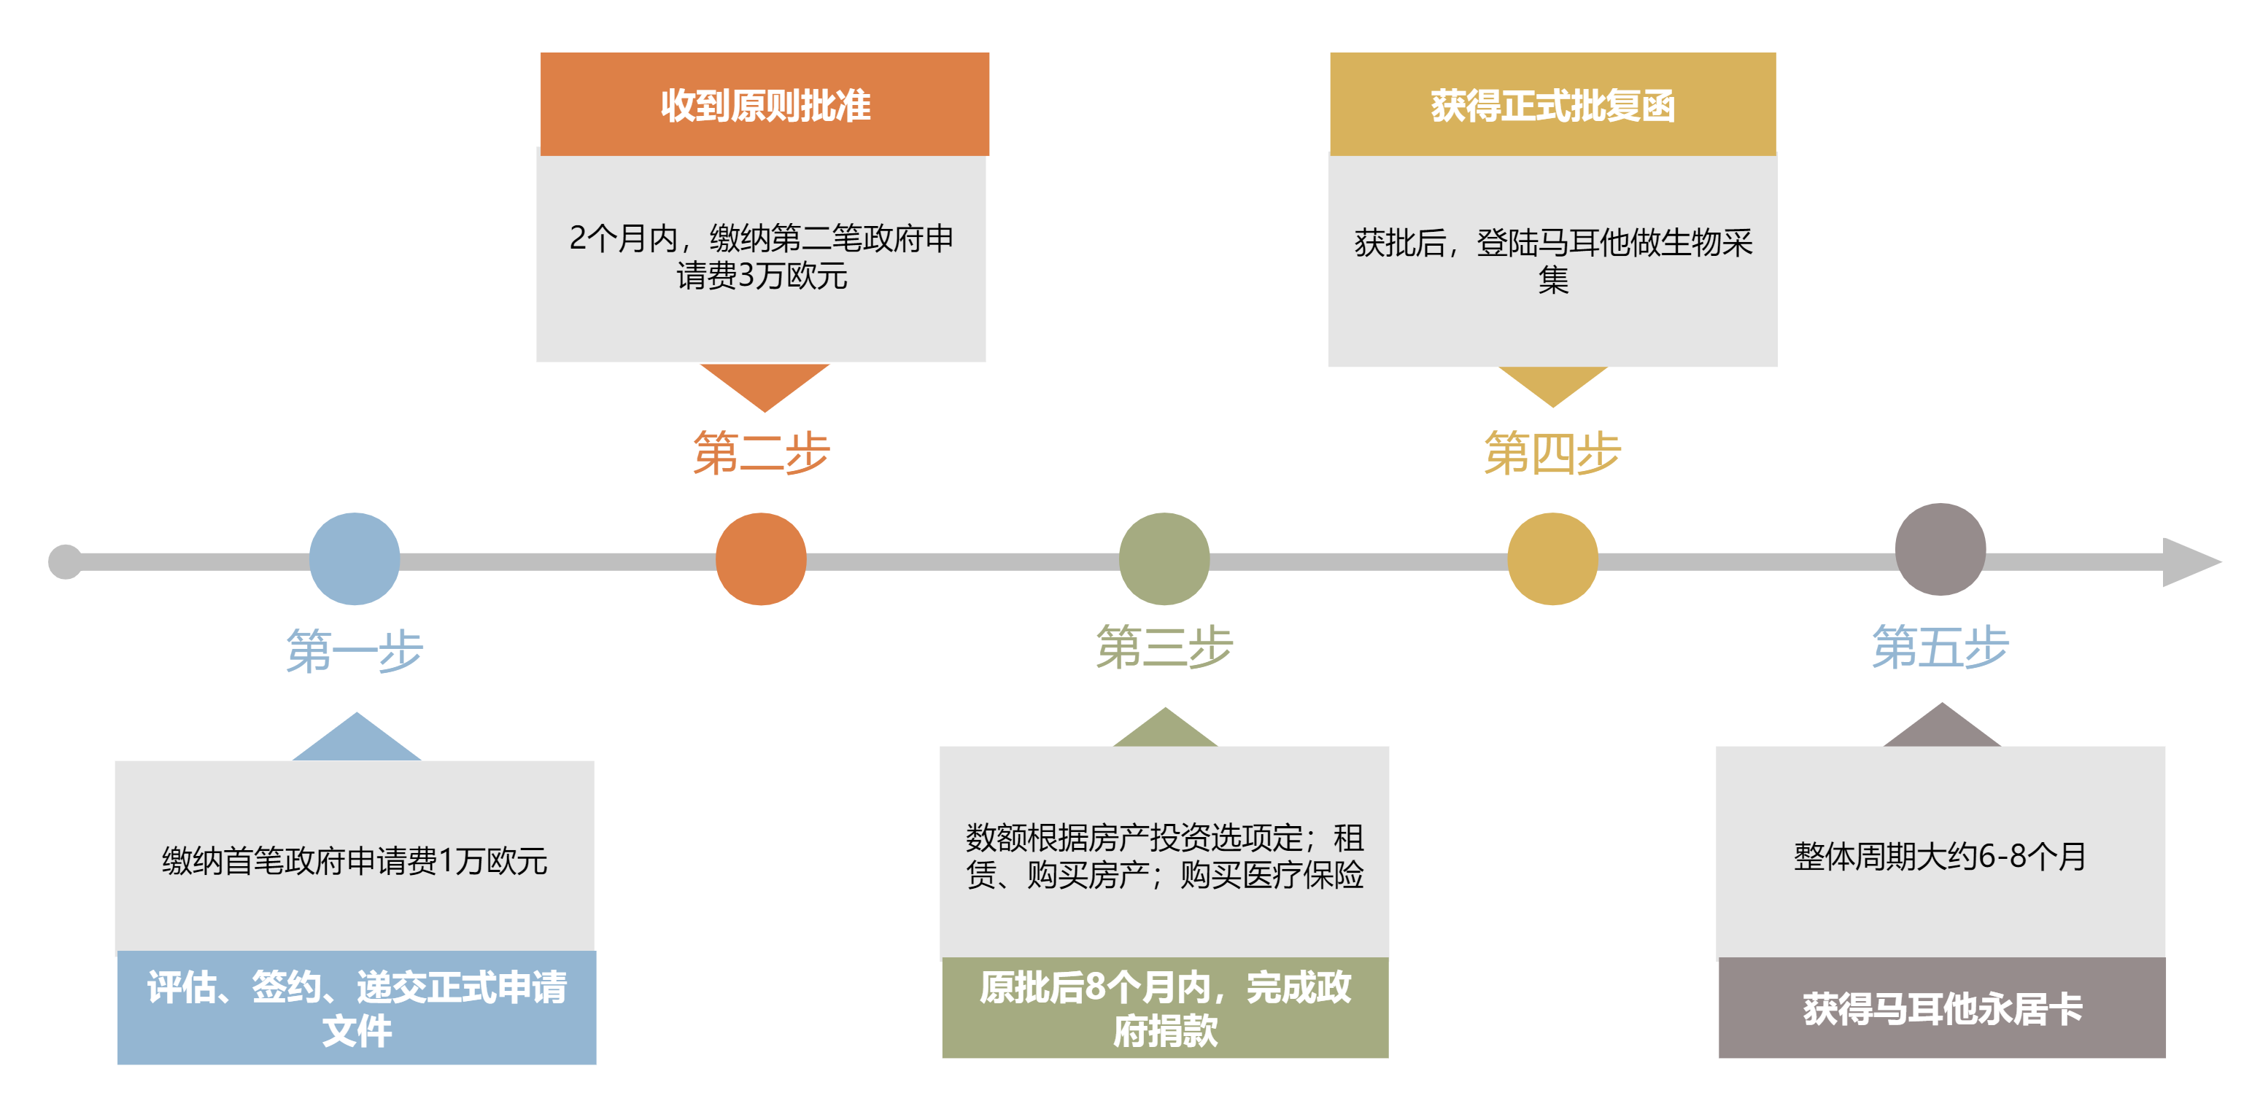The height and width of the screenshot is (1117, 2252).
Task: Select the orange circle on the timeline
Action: click(761, 558)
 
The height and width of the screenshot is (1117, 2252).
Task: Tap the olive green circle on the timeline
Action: click(1164, 558)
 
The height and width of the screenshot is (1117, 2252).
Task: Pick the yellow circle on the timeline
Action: click(1552, 558)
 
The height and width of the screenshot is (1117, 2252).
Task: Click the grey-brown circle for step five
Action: click(1940, 549)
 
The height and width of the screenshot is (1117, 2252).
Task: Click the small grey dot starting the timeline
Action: click(65, 561)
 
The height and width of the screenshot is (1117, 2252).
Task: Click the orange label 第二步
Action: click(761, 453)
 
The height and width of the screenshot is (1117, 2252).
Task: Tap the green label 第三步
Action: click(1164, 647)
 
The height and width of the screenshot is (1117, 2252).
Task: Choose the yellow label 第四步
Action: click(1552, 453)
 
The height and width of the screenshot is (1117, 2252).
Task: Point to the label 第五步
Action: click(1940, 647)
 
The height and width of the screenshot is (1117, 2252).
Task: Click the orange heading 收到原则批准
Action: click(765, 105)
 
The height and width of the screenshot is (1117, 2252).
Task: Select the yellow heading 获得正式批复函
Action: click(1552, 105)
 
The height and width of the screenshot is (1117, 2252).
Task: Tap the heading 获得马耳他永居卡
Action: click(1942, 1008)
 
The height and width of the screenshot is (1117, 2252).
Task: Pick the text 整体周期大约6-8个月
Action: click(1940, 857)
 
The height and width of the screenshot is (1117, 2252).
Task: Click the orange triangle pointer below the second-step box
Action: click(765, 382)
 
